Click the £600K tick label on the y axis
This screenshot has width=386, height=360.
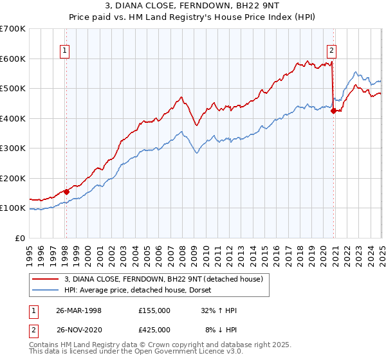pyautogui.click(x=13, y=59)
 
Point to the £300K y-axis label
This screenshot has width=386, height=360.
pyautogui.click(x=13, y=148)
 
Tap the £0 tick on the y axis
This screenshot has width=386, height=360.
pyautogui.click(x=21, y=238)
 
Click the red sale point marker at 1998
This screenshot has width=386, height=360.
pyautogui.click(x=67, y=192)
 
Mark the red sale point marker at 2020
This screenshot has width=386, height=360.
pyautogui.click(x=333, y=111)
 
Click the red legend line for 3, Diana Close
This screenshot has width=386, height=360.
pyautogui.click(x=46, y=280)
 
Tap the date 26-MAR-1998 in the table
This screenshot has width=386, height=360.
pyautogui.click(x=79, y=310)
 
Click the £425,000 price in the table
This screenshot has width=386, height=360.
pyautogui.click(x=154, y=330)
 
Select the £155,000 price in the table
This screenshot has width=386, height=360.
pyautogui.click(x=154, y=310)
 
